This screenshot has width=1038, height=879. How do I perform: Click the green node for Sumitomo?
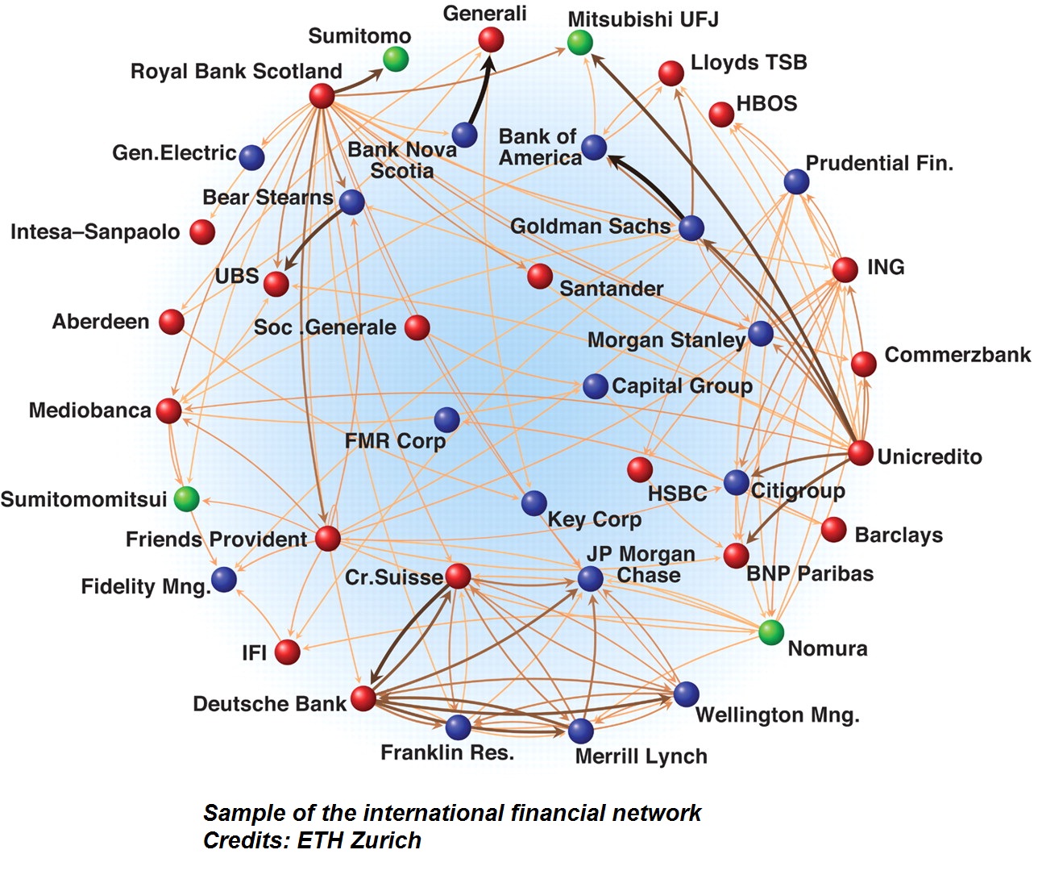[395, 59]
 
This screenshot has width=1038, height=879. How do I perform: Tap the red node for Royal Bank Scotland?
[322, 96]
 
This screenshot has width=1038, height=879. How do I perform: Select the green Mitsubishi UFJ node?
[579, 42]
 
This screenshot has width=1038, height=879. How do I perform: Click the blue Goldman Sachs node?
[691, 227]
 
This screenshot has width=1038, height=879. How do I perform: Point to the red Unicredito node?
[860, 452]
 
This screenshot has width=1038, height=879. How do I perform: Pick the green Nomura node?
[771, 632]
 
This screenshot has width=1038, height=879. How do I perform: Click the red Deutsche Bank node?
[363, 698]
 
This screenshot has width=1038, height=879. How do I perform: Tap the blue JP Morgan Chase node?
[590, 577]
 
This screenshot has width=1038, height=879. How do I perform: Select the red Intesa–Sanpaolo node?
[202, 232]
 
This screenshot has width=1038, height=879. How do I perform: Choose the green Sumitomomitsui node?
[186, 498]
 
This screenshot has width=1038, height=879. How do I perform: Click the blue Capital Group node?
[595, 386]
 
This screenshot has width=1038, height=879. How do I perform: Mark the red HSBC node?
[640, 469]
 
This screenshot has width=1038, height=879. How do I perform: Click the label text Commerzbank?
[957, 355]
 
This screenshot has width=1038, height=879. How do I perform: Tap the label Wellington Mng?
[777, 715]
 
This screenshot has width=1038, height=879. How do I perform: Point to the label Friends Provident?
[216, 539]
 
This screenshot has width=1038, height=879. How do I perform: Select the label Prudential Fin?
[879, 164]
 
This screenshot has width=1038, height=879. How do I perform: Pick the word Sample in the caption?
[241, 813]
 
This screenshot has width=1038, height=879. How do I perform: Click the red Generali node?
[491, 39]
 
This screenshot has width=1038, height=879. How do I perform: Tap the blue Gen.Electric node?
[251, 157]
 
